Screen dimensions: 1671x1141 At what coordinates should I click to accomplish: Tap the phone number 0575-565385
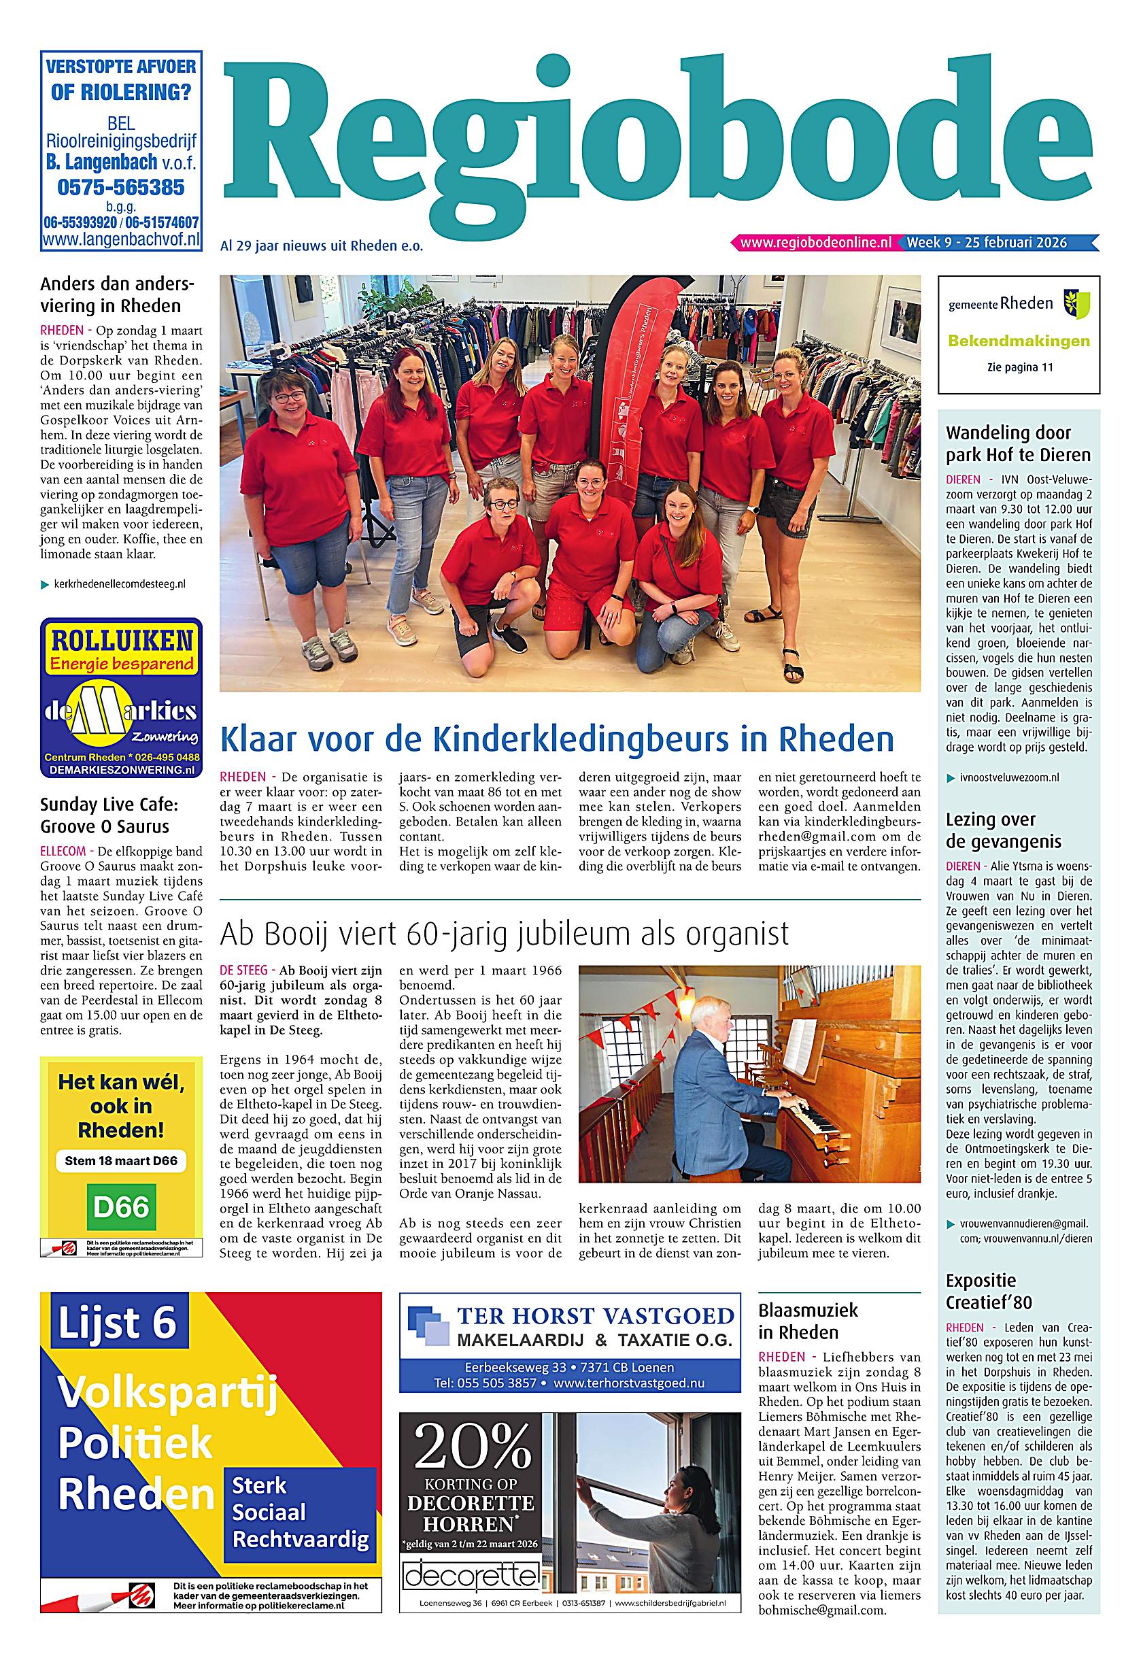tap(121, 188)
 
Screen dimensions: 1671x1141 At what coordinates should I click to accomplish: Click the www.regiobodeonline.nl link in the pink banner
tap(815, 243)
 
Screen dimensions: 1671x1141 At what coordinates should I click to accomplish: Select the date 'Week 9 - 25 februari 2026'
tap(987, 243)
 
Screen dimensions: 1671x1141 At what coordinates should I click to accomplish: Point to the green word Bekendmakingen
tap(1019, 341)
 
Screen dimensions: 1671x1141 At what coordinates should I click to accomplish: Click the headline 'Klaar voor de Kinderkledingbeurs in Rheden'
tap(556, 739)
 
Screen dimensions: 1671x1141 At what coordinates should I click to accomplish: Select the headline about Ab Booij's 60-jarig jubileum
tap(504, 934)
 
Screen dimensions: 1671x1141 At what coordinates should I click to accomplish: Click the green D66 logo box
tap(121, 1206)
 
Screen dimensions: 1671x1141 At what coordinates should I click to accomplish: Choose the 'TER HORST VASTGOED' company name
tap(596, 1317)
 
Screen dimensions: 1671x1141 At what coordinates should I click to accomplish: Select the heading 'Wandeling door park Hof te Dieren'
tap(1018, 443)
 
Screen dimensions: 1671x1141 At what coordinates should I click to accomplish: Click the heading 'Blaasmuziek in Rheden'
tap(808, 1321)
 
